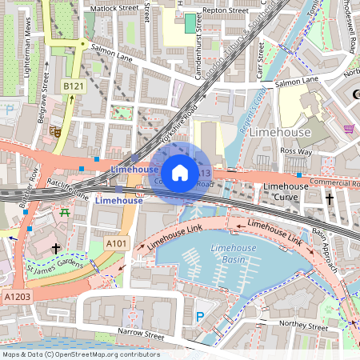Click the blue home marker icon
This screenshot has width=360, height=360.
click(x=180, y=172)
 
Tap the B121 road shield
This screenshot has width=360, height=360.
click(x=74, y=86)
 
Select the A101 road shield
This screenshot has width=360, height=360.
click(x=118, y=243)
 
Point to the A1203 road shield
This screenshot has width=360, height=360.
click(x=18, y=296)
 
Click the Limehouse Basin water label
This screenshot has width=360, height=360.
click(x=232, y=254)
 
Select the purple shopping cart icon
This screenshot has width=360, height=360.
click(x=348, y=128)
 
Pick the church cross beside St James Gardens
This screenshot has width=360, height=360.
click(x=55, y=249)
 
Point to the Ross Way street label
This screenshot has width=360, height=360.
click(x=296, y=151)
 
